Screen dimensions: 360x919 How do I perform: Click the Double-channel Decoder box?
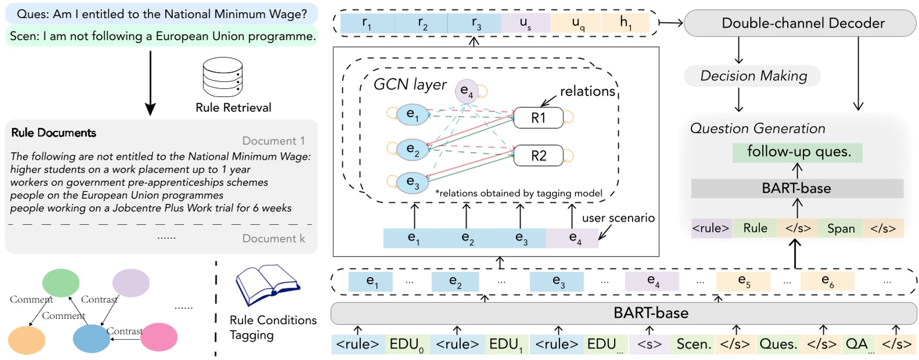[x=799, y=23]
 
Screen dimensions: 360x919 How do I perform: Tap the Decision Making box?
[x=753, y=76]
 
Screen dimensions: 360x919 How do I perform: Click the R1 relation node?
[x=539, y=118]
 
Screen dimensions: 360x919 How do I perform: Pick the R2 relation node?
[x=539, y=156]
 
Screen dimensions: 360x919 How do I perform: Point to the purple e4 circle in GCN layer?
[x=466, y=91]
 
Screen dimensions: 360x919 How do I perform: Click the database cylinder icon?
[x=222, y=78]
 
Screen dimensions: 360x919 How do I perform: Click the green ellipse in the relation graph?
[x=61, y=283]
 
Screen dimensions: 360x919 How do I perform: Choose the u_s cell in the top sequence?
[x=525, y=23]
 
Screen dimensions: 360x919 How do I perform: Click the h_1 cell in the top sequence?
[x=625, y=23]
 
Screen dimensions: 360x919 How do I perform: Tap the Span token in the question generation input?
[x=841, y=228]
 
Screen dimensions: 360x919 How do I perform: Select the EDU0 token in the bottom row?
[x=407, y=344]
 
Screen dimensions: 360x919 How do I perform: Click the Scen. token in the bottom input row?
[x=694, y=344]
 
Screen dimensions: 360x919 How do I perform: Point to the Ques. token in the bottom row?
[x=778, y=344]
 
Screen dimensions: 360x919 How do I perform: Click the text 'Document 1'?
[x=273, y=141]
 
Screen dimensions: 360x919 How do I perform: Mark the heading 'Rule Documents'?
[x=53, y=133]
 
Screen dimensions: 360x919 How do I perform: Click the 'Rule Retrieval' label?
[x=233, y=108]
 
